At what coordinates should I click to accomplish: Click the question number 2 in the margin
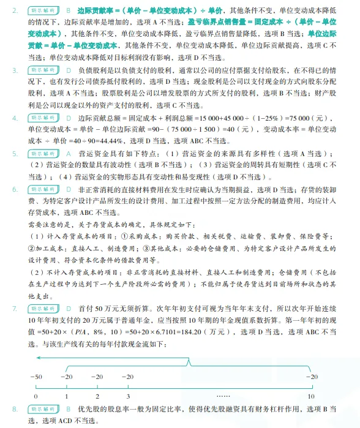click(x=15, y=10)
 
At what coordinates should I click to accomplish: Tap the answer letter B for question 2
click(x=67, y=10)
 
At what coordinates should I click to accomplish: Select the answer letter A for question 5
click(x=67, y=152)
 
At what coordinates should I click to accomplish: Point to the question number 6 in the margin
click(x=15, y=191)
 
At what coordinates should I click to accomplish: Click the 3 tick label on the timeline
click(x=127, y=396)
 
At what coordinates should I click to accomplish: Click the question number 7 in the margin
click(x=15, y=308)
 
